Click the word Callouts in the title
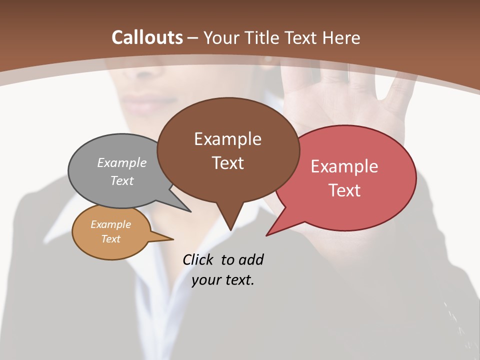click(147, 37)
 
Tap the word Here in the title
click(341, 37)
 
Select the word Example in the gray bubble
click(122, 162)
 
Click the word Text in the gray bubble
click(122, 180)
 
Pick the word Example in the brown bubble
click(227, 139)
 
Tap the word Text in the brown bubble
click(227, 163)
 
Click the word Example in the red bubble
click(344, 166)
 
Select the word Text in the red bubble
click(344, 190)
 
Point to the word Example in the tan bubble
click(111, 224)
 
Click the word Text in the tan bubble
click(111, 239)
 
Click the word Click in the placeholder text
click(198, 259)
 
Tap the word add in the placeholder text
click(251, 259)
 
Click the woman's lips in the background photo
click(145, 101)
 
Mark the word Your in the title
click(221, 37)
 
